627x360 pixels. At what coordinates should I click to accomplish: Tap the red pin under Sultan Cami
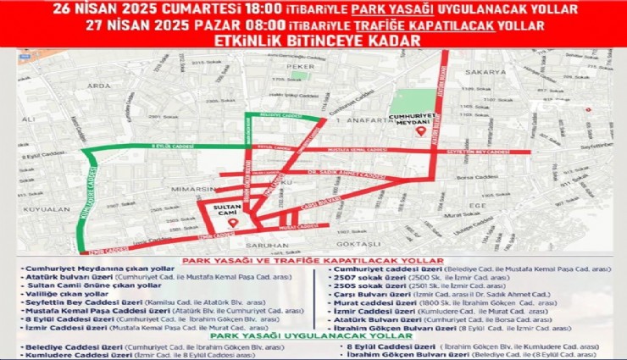pyautogui.click(x=221, y=222)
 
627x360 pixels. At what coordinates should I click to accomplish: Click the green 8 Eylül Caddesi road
pyautogui.click(x=169, y=147)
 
